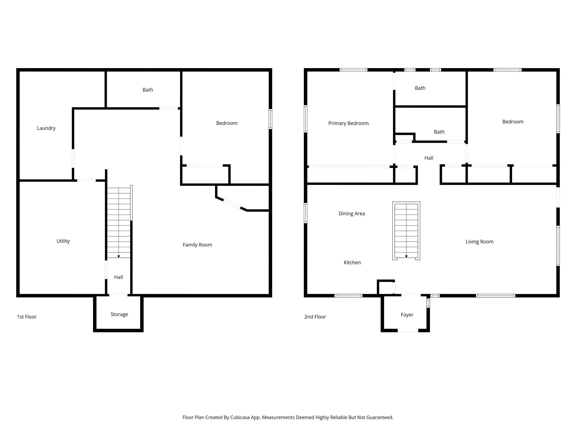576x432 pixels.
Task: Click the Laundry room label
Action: point(46,128)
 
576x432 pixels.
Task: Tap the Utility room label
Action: point(63,241)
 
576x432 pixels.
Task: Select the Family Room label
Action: point(197,245)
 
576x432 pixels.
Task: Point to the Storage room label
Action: point(119,314)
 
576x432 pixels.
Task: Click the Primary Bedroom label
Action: point(348,123)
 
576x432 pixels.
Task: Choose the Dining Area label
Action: point(352,214)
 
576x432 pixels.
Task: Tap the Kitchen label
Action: point(352,263)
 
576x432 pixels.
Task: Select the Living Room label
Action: point(480,242)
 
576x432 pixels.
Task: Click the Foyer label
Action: point(407,315)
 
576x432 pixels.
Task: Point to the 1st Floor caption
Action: point(27,317)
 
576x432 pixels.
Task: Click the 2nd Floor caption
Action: point(315,317)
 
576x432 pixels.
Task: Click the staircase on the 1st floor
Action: point(119,223)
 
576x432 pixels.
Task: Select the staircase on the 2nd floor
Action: point(406,231)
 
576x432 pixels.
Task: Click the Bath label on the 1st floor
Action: point(148,90)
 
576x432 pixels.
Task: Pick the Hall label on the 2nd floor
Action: point(429,158)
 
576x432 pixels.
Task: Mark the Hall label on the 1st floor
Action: point(119,277)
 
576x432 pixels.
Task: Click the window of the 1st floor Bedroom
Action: point(271,119)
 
